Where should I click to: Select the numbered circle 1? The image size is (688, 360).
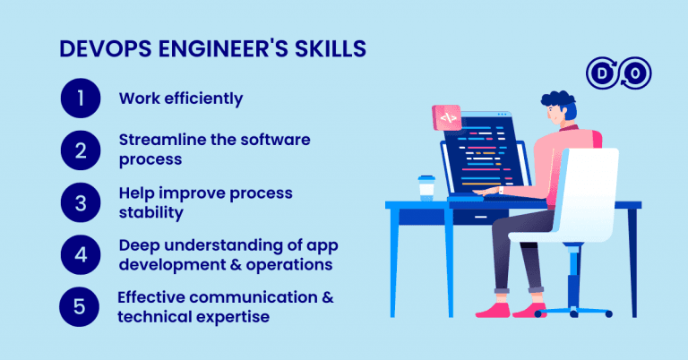[80, 99]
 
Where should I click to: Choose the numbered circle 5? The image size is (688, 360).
[80, 305]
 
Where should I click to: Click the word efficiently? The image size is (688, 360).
[202, 99]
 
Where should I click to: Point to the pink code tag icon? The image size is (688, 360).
[446, 117]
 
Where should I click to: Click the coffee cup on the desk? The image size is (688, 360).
[426, 187]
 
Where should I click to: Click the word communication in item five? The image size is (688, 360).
[252, 296]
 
